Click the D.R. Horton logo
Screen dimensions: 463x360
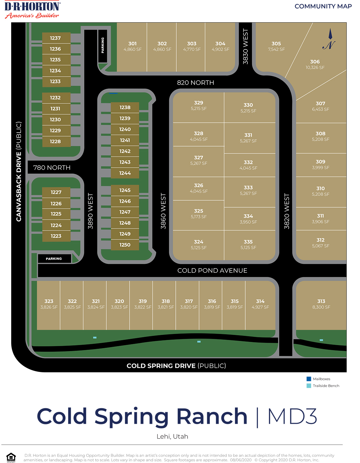(x=32, y=10)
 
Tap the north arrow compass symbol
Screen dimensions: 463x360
(x=330, y=40)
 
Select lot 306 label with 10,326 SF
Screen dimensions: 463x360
(x=315, y=64)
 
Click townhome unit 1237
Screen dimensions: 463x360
(x=56, y=38)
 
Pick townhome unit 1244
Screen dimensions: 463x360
(x=125, y=173)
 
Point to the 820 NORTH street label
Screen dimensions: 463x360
(x=195, y=83)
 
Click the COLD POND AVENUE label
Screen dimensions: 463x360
(x=212, y=270)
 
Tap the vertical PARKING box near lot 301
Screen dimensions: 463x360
(x=102, y=46)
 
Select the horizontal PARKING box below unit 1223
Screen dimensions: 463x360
(x=54, y=259)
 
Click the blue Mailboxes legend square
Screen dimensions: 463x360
(x=309, y=379)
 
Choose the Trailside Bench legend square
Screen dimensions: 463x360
(x=309, y=386)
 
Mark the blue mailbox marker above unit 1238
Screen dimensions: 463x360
(x=113, y=93)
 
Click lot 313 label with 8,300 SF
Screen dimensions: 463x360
(x=321, y=304)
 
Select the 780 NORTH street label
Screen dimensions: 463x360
(x=52, y=168)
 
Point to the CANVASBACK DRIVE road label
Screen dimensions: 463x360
(x=19, y=171)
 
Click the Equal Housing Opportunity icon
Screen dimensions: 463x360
(x=11, y=457)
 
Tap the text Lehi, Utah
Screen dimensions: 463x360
(x=172, y=436)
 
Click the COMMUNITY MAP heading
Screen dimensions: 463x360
(x=323, y=6)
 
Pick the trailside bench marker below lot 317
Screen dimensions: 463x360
(x=199, y=342)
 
